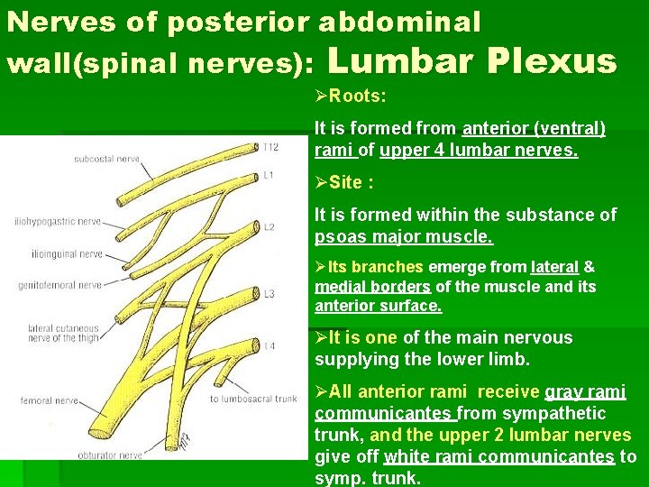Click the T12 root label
pos(271,146)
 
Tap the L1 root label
pos(269,174)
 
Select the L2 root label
pos(269,227)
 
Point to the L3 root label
pos(269,293)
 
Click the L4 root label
pos(269,346)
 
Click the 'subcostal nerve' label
pos(106,160)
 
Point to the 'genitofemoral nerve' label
pos(59,285)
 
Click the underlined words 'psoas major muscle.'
pos(404,237)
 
